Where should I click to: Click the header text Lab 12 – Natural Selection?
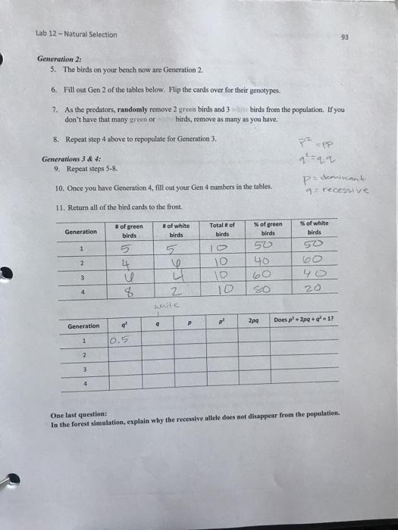[x=76, y=34]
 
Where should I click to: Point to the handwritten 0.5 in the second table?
[x=118, y=341]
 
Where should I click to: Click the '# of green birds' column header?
[x=129, y=230]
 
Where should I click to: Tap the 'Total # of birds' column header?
[x=223, y=230]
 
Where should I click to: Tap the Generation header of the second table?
[x=83, y=326]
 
